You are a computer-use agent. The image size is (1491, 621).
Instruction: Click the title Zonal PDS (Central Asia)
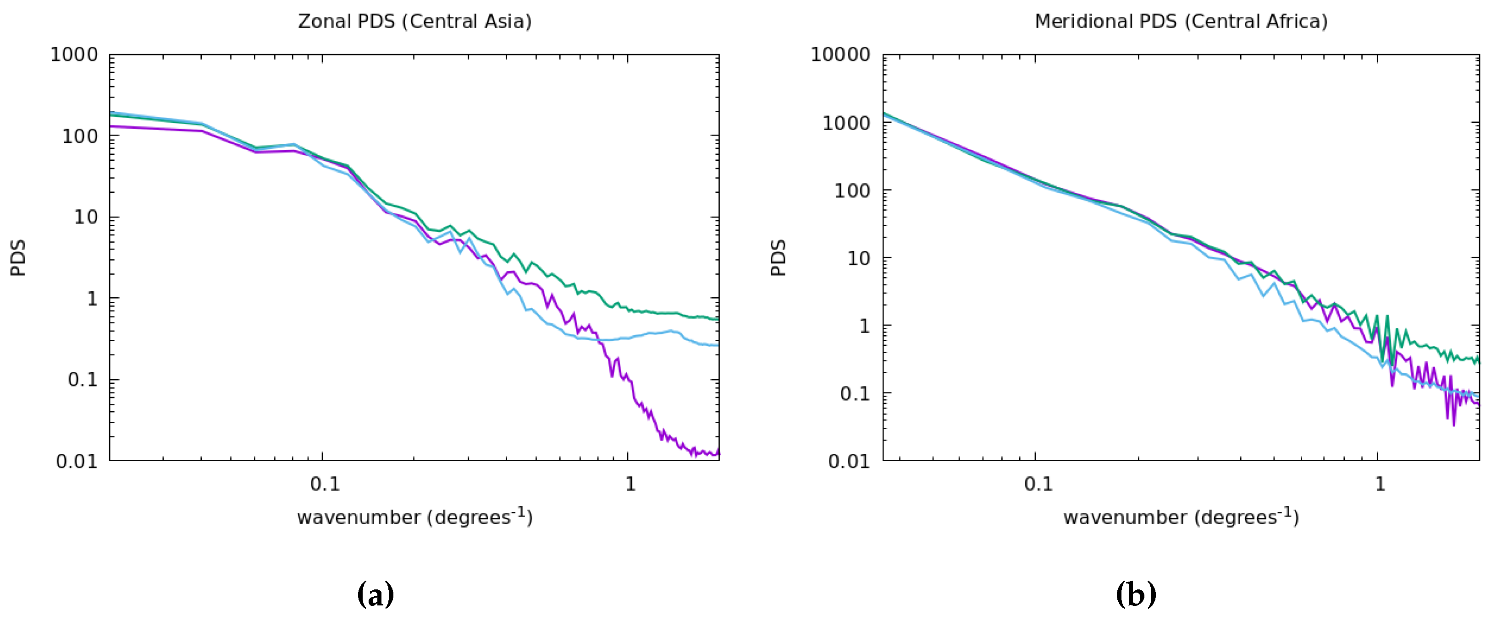point(414,22)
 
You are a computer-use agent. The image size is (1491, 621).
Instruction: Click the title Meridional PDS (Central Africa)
point(1181,22)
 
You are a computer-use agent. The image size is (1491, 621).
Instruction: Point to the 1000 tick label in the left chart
point(74,55)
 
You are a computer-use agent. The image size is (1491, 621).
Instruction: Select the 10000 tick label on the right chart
point(840,55)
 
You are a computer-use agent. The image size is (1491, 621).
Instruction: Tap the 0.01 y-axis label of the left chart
point(77,462)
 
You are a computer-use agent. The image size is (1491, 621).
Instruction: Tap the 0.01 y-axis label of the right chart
point(849,462)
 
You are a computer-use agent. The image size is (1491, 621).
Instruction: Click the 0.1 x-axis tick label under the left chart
point(325,484)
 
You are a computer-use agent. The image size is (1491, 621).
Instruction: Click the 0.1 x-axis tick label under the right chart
point(1038,484)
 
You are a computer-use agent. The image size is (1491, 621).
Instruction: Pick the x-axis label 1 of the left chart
point(630,484)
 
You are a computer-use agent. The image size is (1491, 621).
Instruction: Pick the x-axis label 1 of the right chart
point(1381,484)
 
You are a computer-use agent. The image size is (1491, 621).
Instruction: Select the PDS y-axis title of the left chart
point(18,258)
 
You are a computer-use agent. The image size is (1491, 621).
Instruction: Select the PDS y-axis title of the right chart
point(779,258)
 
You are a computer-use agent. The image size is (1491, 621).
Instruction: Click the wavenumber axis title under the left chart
point(414,516)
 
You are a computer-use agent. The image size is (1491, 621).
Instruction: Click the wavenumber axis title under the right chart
point(1181,516)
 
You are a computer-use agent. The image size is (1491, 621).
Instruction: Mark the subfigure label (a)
point(376,594)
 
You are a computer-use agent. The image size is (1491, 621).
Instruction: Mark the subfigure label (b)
point(1136,594)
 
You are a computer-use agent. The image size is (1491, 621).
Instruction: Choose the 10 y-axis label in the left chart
point(86,218)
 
